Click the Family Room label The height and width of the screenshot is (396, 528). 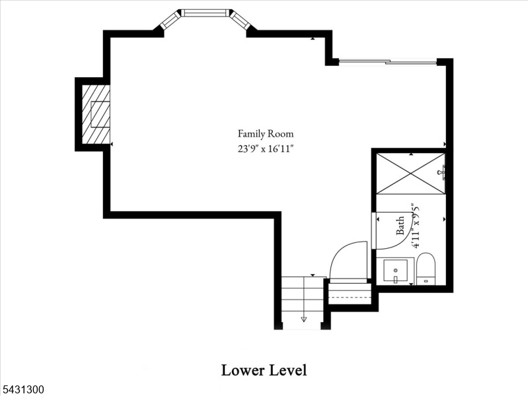(266, 134)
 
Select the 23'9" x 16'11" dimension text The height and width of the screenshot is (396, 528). (264, 148)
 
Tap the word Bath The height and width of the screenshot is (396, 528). (400, 226)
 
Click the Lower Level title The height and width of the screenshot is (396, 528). (264, 370)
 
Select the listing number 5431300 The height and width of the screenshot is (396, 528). (22, 389)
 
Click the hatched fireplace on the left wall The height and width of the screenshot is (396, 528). (96, 114)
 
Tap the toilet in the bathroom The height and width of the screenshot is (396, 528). (426, 269)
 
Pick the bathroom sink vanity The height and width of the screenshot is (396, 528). (395, 271)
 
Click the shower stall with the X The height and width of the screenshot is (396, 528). (410, 174)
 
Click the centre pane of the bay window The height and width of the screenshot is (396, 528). (206, 13)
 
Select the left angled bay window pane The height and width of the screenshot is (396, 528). (170, 20)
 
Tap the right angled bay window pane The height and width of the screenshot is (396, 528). (241, 20)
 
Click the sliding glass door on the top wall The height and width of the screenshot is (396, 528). (388, 61)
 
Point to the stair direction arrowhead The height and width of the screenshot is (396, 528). (304, 319)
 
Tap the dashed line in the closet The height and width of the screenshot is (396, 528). (350, 298)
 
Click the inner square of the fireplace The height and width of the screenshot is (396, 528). (100, 114)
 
